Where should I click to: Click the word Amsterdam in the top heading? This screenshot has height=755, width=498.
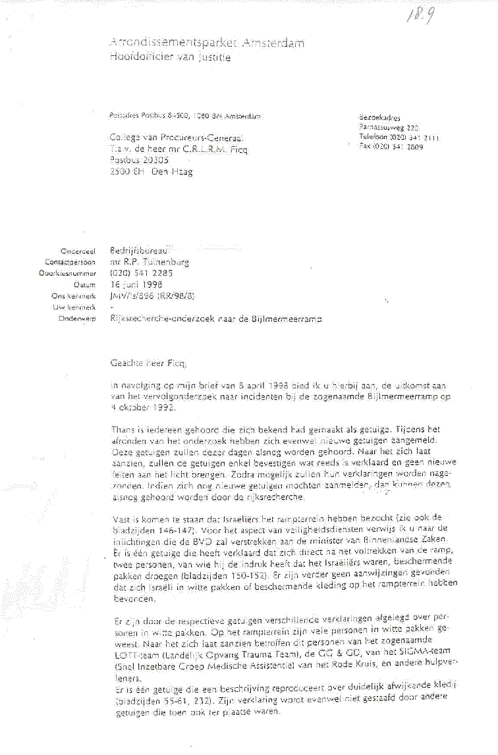click(274, 44)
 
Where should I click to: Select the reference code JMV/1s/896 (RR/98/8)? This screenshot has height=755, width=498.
click(152, 296)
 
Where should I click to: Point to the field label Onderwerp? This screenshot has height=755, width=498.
click(78, 317)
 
